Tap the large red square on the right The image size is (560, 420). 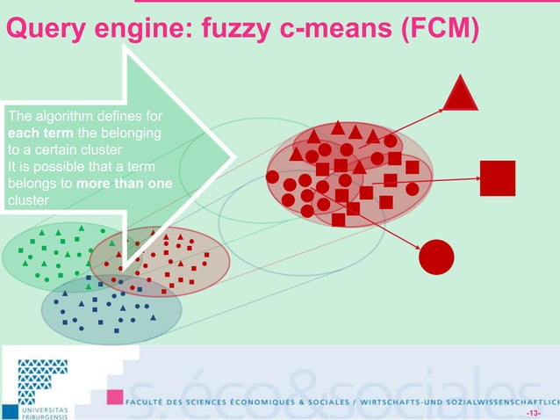(497, 178)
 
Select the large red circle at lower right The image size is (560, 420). (436, 257)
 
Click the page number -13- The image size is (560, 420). (534, 412)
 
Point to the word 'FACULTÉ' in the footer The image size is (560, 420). (149, 398)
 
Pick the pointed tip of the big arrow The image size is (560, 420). (234, 157)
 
